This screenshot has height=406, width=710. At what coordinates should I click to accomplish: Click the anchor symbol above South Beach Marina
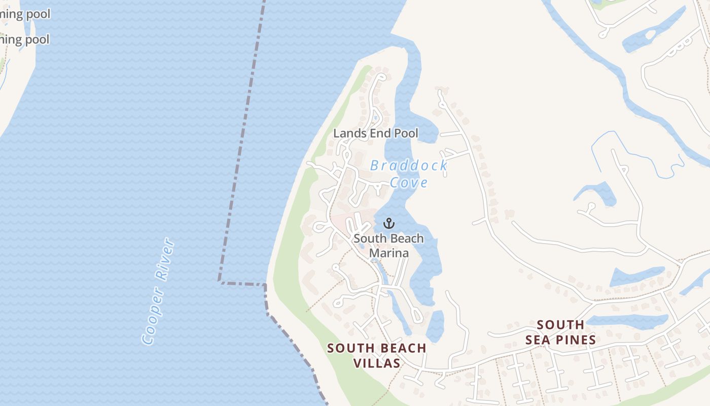(x=388, y=223)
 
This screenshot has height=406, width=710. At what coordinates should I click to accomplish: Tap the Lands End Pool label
(x=376, y=133)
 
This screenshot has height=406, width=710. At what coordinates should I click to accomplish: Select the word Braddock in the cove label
(x=408, y=165)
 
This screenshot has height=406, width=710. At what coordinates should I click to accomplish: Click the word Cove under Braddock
(x=409, y=183)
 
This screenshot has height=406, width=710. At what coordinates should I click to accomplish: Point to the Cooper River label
(x=158, y=292)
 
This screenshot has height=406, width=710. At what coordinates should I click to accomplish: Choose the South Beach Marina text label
(x=388, y=245)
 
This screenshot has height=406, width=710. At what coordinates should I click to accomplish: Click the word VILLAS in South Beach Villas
(x=377, y=363)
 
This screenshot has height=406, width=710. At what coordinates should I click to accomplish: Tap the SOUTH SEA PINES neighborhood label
(x=560, y=332)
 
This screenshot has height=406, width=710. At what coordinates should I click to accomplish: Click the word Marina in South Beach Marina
(x=389, y=253)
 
